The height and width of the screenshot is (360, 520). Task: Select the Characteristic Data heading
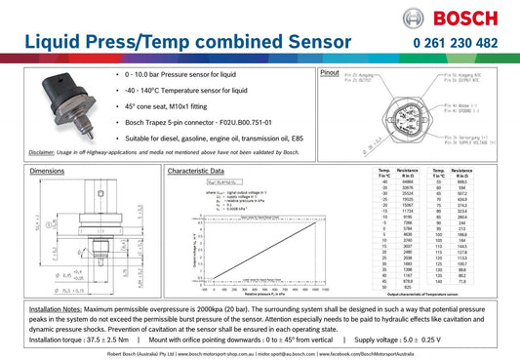point(202,171)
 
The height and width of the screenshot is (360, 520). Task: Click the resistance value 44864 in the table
point(408,181)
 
